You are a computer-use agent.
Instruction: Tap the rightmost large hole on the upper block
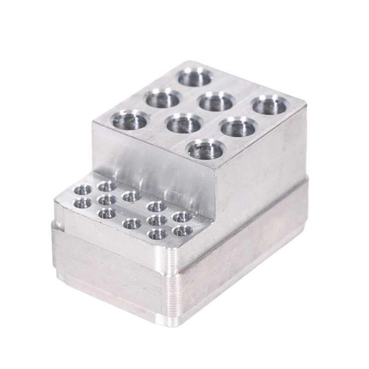tap(270, 105)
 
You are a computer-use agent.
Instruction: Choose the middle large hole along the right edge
tap(238, 126)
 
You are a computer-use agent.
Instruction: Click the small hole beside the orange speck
tap(131, 196)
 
